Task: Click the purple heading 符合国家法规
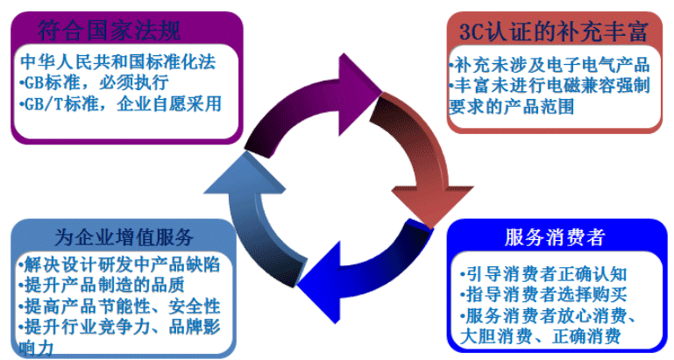point(110,31)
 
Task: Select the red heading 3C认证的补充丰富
point(553,32)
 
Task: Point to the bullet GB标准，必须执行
point(92,83)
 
